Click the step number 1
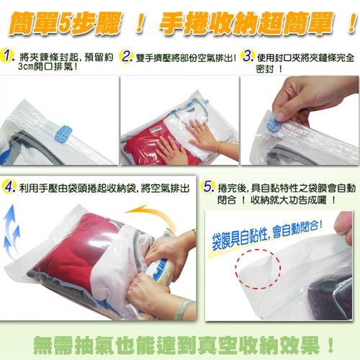[8, 56]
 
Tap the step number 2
[127, 57]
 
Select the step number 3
[248, 56]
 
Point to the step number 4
[9, 187]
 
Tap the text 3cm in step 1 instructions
[25, 67]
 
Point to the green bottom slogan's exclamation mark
[331, 345]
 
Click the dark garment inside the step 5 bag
[330, 297]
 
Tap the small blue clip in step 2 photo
[206, 102]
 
